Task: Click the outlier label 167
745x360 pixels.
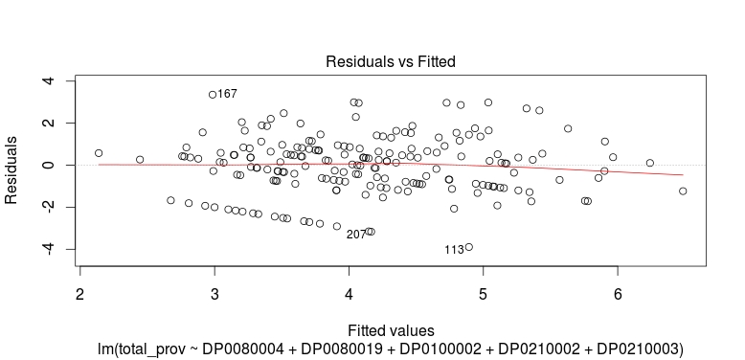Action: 227,94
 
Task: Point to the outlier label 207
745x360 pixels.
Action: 355,235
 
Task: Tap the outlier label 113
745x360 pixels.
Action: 454,250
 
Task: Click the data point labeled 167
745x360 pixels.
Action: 213,95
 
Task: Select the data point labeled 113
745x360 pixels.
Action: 468,247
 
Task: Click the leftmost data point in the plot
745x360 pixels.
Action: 99,152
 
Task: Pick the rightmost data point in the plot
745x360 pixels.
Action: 683,191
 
